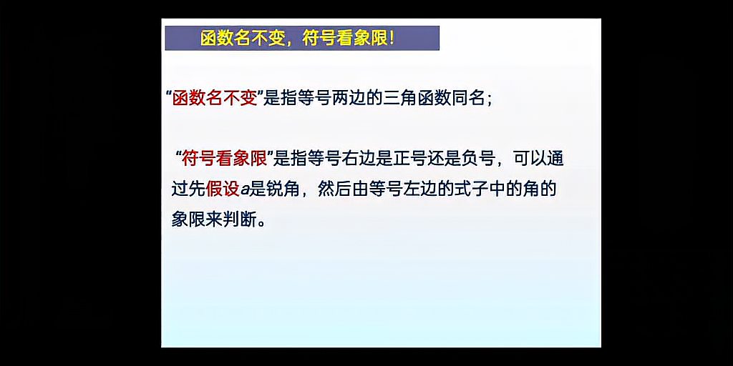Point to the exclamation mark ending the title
click(x=391, y=39)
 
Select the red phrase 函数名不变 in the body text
click(x=214, y=99)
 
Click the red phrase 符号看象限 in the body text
click(x=223, y=158)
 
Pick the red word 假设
click(x=223, y=189)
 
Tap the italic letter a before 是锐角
click(x=244, y=190)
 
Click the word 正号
click(x=412, y=158)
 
